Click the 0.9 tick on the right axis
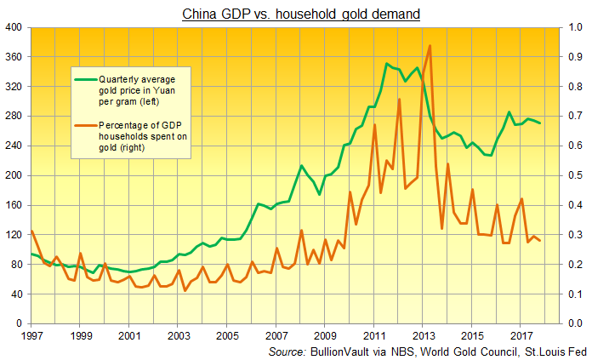point(575,57)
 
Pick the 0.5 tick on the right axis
point(575,175)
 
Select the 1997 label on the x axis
point(31,337)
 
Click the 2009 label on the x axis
point(324,337)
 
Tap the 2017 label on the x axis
point(520,337)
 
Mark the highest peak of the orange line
point(430,46)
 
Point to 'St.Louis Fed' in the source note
point(554,351)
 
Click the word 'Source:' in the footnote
point(287,351)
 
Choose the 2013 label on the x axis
point(422,337)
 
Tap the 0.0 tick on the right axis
point(575,324)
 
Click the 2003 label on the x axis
point(178,337)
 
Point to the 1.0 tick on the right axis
point(575,27)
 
